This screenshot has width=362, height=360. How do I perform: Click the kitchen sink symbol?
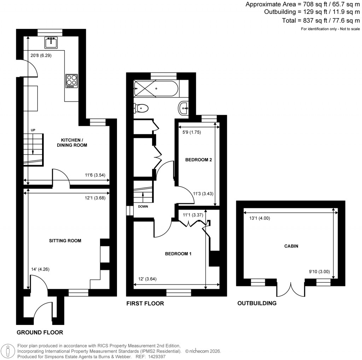click(x=52, y=42)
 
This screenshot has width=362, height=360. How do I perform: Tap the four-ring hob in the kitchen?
click(x=71, y=81)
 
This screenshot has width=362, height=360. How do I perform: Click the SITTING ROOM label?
click(x=65, y=241)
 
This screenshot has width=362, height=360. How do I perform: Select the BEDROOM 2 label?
click(x=198, y=160)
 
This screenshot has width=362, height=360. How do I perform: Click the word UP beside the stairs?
click(x=33, y=130)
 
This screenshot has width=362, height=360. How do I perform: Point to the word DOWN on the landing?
click(x=143, y=207)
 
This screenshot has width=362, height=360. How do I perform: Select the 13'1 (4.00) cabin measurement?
click(x=259, y=218)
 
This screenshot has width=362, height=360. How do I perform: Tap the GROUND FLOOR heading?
click(x=40, y=332)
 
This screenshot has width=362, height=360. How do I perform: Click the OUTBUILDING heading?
click(x=257, y=303)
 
